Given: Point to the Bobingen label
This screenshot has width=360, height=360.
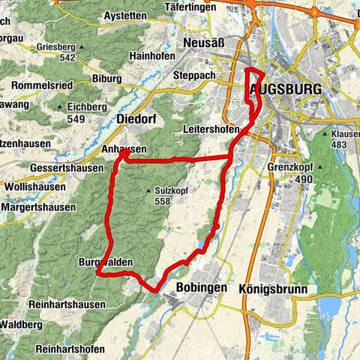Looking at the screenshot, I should click(201, 287).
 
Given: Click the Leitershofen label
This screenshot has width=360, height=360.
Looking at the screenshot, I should click(214, 130).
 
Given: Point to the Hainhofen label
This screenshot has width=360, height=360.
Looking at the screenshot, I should click(152, 56).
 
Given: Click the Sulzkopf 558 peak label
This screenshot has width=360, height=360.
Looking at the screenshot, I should click(166, 196).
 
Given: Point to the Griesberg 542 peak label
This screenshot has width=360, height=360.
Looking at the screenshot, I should click(57, 52).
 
